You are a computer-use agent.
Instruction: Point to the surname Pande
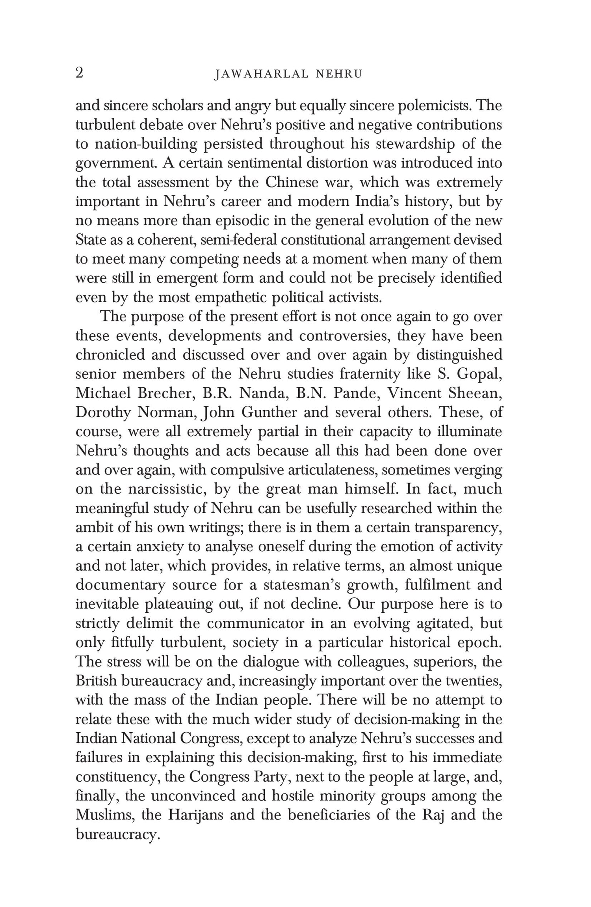(x=357, y=393)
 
